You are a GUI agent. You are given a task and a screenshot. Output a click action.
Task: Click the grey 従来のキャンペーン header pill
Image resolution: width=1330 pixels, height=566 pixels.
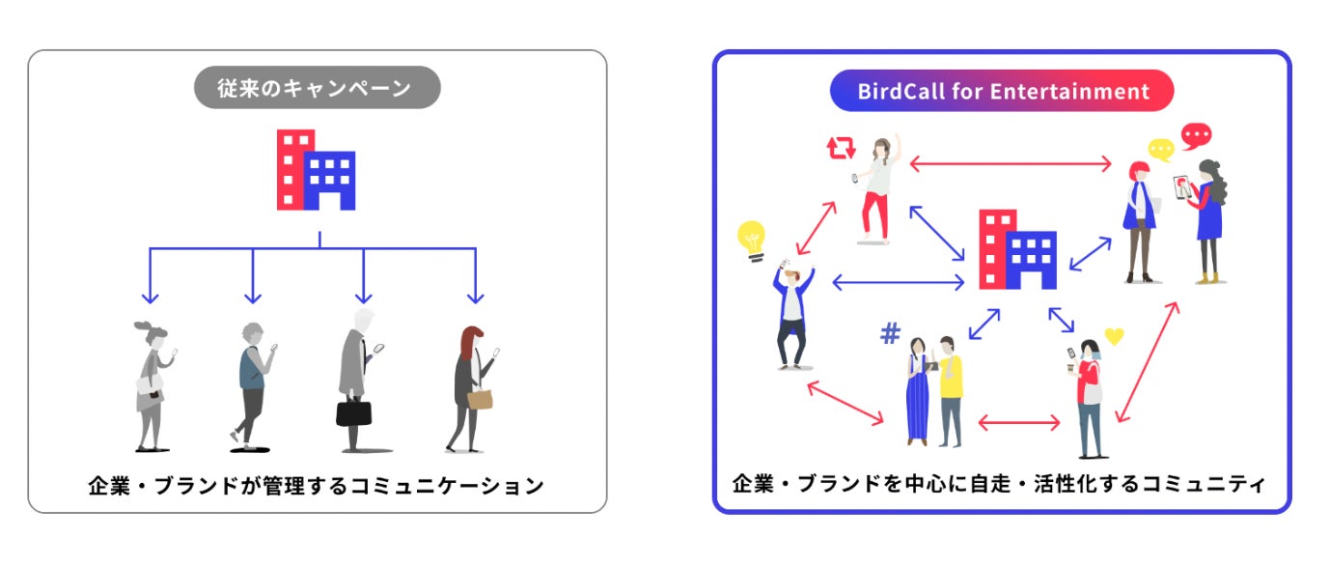(x=317, y=89)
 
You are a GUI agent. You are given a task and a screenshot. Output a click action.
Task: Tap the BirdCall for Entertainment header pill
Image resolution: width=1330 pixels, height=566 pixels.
(x=1002, y=92)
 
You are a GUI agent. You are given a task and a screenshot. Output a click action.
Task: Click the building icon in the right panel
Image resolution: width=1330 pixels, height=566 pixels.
(x=1017, y=249)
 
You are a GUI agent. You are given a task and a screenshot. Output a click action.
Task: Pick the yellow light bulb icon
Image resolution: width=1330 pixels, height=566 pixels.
(x=752, y=240)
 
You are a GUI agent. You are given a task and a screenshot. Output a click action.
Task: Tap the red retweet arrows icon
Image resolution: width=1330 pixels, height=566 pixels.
(x=841, y=148)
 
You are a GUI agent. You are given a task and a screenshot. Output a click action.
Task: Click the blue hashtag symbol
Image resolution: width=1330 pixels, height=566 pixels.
(x=890, y=334)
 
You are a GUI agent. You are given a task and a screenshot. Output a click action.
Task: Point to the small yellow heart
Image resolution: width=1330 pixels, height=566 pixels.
(x=1115, y=337)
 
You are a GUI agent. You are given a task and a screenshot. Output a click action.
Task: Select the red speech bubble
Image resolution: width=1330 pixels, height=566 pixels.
(x=1196, y=134)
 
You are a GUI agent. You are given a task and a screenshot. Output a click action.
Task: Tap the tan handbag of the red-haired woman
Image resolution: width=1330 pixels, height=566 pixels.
(x=480, y=398)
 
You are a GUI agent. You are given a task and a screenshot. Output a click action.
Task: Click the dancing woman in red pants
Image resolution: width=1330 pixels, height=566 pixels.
(x=878, y=189)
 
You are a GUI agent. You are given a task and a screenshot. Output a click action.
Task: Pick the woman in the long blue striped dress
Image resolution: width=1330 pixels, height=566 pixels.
(x=917, y=391)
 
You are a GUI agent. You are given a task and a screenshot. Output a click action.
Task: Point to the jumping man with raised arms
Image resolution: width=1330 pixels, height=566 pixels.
(x=793, y=314)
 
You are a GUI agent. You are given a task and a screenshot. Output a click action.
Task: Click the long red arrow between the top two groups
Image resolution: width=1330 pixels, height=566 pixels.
(x=1011, y=165)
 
